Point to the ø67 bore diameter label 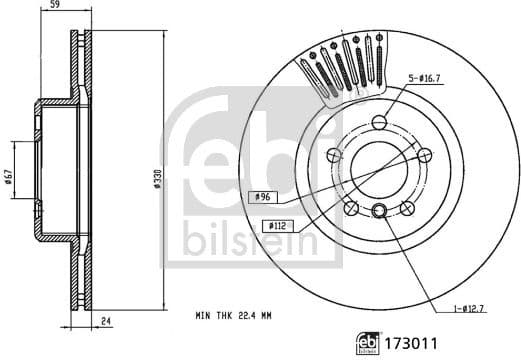8,178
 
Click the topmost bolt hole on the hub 379,122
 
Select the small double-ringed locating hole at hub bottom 379,211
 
